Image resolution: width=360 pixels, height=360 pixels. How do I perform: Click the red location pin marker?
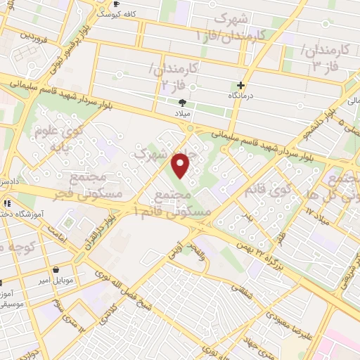coord(181,166)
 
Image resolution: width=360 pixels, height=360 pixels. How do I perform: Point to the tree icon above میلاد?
coord(183,103)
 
